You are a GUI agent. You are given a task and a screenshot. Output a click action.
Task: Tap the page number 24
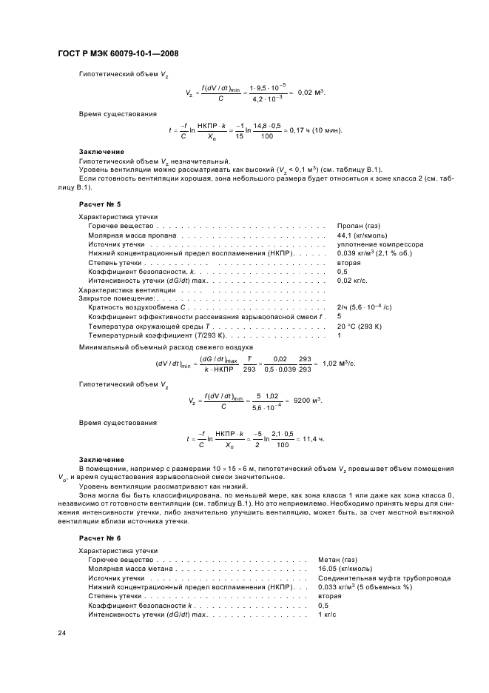coord(61,633)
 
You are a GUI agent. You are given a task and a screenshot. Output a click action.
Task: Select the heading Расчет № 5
coord(99,203)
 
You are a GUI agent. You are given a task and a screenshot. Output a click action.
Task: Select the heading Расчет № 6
coord(99,538)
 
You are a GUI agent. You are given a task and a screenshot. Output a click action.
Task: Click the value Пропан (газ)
coord(359,225)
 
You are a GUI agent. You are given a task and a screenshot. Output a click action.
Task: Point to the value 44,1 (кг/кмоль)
coord(363,235)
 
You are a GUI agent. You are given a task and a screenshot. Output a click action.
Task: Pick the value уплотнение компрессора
coord(380,244)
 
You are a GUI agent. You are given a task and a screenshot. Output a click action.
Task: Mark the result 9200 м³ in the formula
coord(308,400)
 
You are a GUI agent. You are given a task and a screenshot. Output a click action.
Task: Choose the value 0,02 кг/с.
coord(351,281)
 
